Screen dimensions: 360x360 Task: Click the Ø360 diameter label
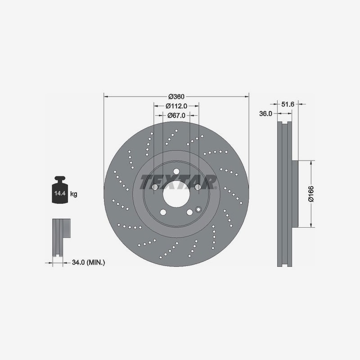(176, 97)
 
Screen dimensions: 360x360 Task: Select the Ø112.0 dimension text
(176, 106)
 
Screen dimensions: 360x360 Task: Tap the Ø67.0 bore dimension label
(176, 115)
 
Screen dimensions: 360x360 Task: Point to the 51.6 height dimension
(288, 104)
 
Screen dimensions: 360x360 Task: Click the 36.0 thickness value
(265, 113)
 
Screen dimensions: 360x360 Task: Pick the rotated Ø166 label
(311, 194)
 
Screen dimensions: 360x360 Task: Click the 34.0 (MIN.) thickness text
(88, 262)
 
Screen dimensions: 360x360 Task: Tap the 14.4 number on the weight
(60, 193)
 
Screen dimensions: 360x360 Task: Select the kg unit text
(74, 194)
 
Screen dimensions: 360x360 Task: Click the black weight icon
(60, 190)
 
